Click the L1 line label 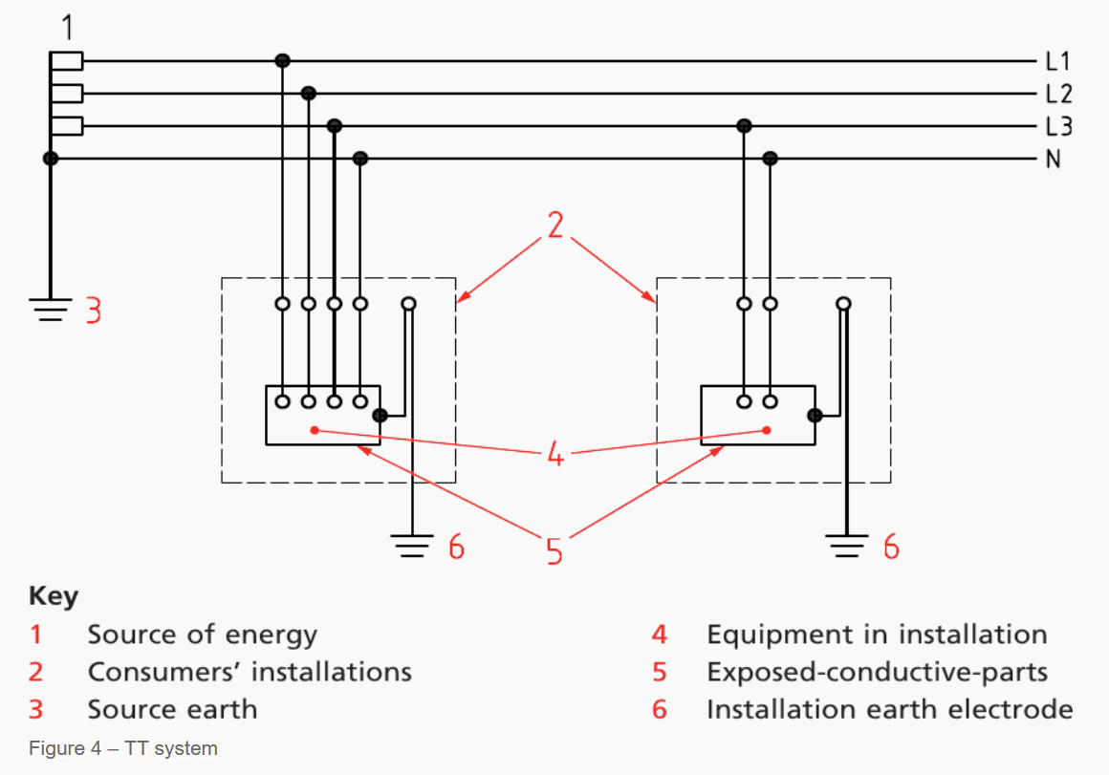[1057, 62]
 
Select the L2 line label [1058, 94]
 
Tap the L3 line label [1058, 126]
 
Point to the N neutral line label [1054, 159]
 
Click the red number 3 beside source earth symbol [94, 311]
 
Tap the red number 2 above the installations [555, 225]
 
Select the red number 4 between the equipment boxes [555, 454]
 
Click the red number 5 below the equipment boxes [555, 551]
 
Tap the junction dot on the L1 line [282, 61]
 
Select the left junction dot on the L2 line [308, 94]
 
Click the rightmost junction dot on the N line [771, 159]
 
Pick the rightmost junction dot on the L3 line [745, 126]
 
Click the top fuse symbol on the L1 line [67, 61]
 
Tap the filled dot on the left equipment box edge [380, 416]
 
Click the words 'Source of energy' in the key [202, 635]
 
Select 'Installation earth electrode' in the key [889, 710]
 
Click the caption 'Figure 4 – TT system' [123, 748]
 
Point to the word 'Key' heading [54, 596]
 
